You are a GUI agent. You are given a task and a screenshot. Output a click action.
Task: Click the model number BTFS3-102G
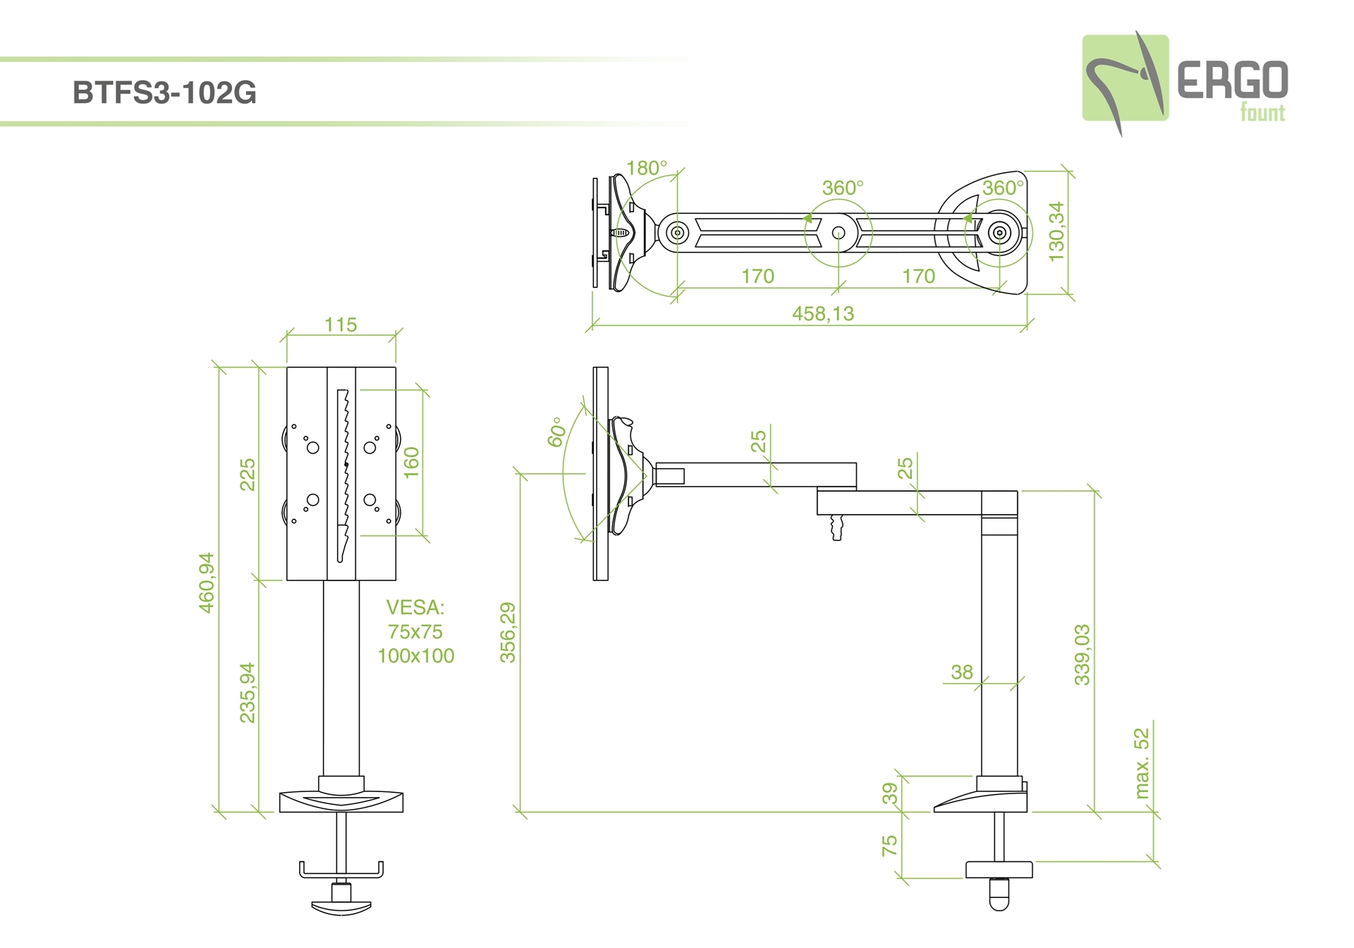tap(164, 93)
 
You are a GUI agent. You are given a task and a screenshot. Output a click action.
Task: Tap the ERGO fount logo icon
tap(1125, 80)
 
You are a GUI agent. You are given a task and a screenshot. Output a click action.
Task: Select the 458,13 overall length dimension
tap(822, 313)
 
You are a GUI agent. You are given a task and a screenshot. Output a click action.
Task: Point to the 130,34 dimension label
tap(1056, 231)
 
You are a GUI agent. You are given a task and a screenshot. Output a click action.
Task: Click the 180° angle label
tap(646, 168)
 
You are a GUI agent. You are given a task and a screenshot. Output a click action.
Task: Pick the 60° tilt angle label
tap(556, 432)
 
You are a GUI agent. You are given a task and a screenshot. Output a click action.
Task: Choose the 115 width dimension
tap(341, 325)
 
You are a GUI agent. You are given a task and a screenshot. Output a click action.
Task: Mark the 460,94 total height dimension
tap(206, 582)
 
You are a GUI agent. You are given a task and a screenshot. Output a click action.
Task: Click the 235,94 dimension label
tap(247, 693)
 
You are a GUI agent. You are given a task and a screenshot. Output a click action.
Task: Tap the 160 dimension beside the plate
tap(411, 462)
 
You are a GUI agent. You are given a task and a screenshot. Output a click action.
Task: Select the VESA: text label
tap(415, 607)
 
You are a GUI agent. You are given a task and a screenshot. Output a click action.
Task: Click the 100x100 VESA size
tap(415, 656)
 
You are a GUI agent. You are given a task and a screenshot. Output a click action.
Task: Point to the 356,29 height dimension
tap(508, 632)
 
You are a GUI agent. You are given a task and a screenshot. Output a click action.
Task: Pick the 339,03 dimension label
tap(1082, 655)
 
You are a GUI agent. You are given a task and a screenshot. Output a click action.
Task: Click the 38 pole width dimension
tap(961, 672)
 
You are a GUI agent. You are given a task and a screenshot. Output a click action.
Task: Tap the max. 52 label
tap(1142, 763)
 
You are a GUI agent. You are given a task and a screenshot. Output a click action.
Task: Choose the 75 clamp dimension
tap(890, 845)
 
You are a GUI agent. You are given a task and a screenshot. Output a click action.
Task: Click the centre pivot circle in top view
tap(838, 232)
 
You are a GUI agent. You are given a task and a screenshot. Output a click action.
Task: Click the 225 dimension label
tap(247, 474)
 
